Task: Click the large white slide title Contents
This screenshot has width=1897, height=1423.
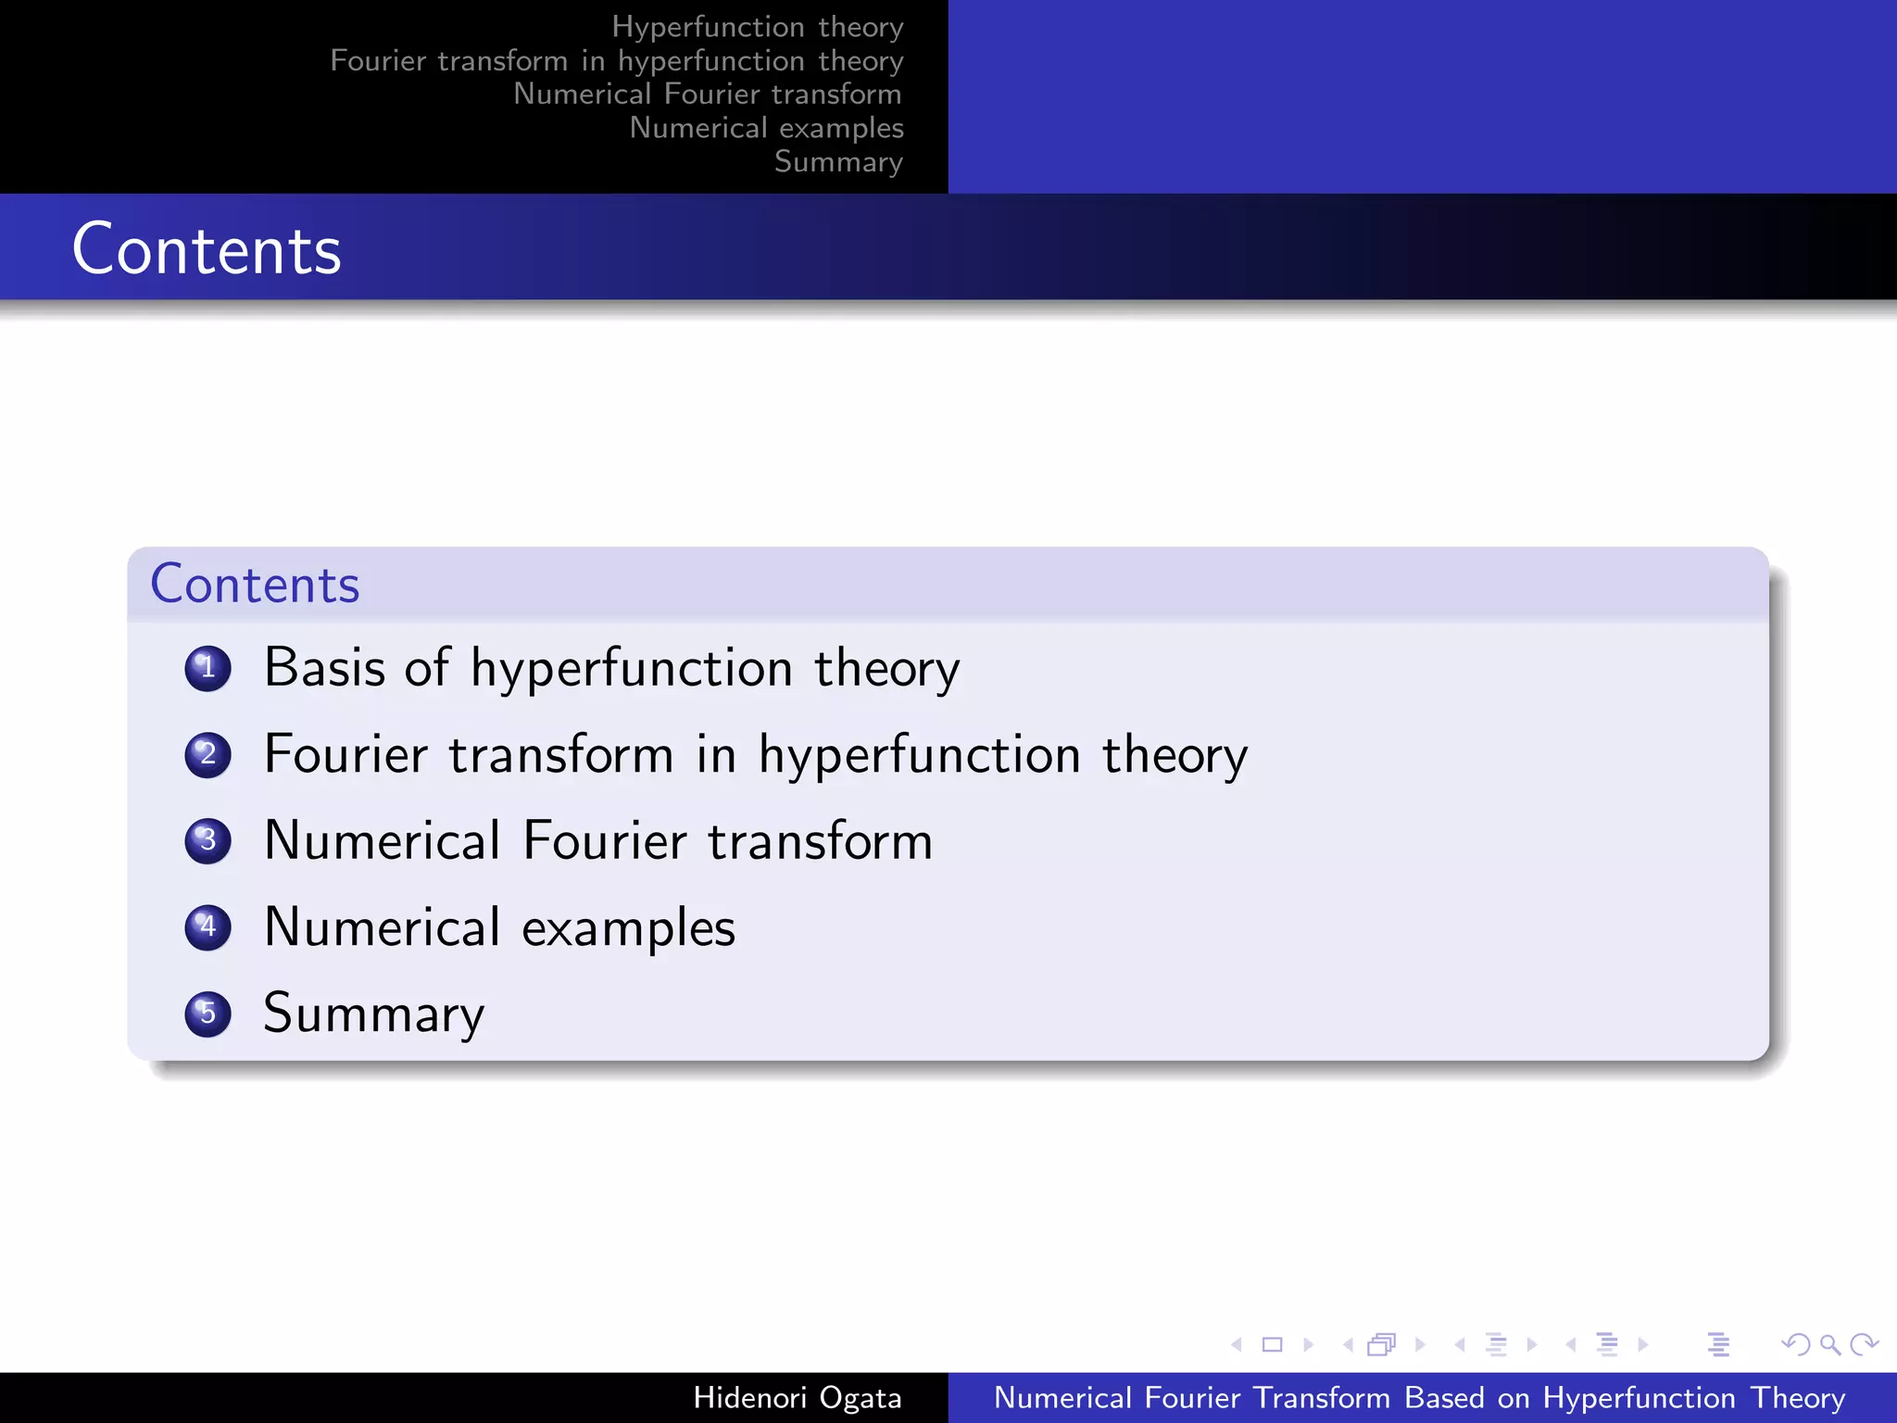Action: (207, 250)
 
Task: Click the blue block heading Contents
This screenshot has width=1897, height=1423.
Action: (255, 585)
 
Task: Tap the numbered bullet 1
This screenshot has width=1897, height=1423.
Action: (207, 668)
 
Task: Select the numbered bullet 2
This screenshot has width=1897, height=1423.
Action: (207, 754)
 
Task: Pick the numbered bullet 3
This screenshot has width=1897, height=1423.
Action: (207, 840)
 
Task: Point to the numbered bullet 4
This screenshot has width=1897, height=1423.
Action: (207, 926)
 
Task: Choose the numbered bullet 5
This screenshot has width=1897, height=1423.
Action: (207, 1013)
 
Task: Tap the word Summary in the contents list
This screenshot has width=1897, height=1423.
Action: (373, 1014)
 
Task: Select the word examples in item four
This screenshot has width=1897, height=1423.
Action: (628, 927)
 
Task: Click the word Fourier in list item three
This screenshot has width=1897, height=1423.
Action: (605, 841)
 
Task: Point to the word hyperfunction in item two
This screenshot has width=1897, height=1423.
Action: (919, 755)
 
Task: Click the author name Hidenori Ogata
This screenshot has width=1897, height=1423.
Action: (797, 1398)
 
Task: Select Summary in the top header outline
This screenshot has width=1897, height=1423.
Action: (838, 162)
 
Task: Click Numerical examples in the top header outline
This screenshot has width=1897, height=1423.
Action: (766, 128)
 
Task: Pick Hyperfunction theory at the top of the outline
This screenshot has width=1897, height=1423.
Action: (757, 27)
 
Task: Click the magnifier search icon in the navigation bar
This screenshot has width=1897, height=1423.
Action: (1829, 1344)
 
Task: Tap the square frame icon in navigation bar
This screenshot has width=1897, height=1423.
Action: (1272, 1344)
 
